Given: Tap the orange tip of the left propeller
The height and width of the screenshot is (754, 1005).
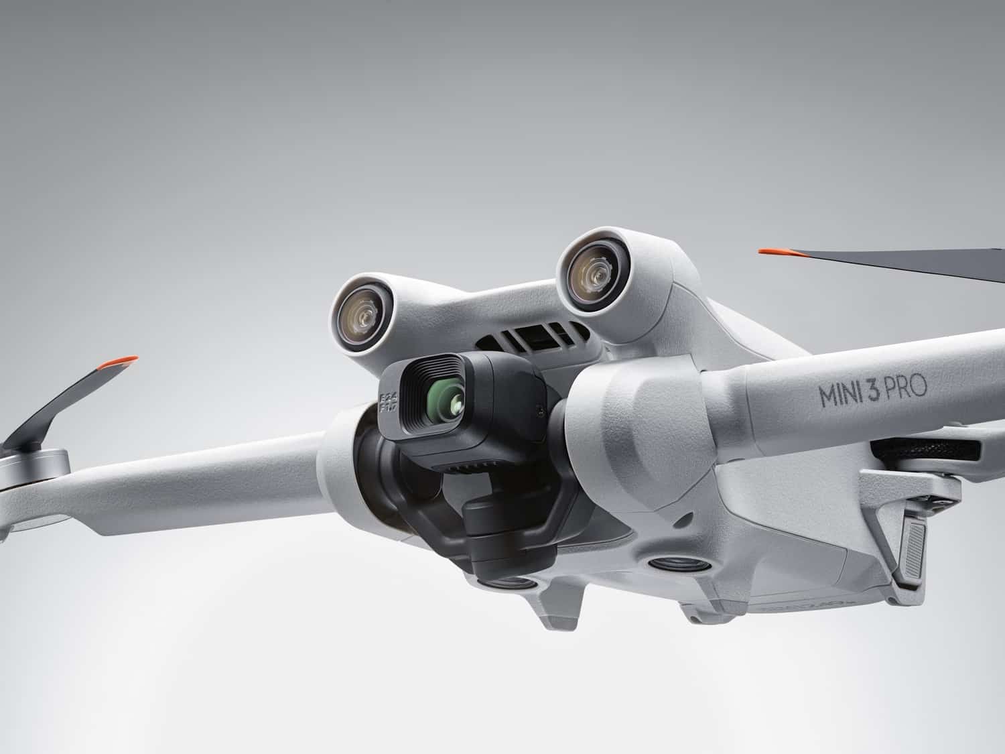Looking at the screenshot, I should [118, 363].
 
